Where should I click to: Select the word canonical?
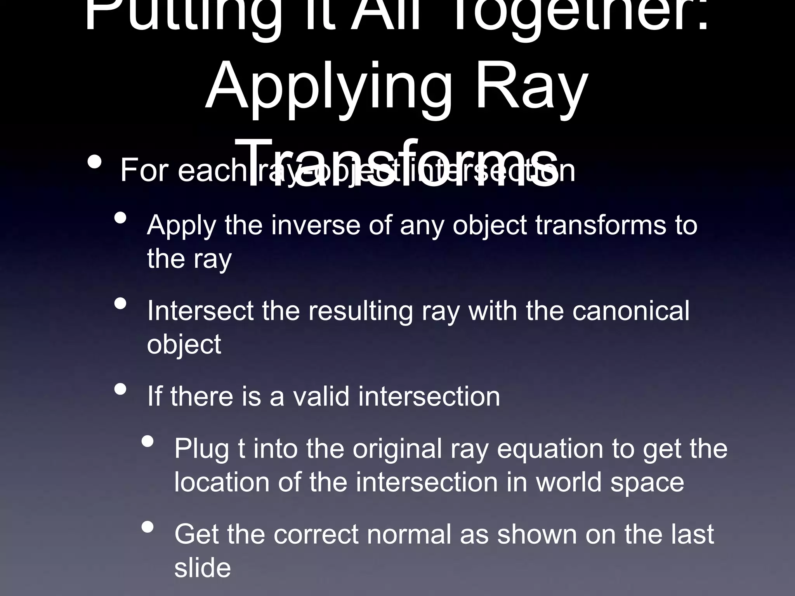pos(631,311)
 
